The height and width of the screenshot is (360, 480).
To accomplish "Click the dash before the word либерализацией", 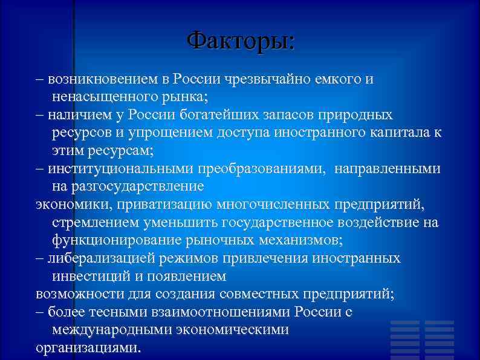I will click(x=40, y=258).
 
